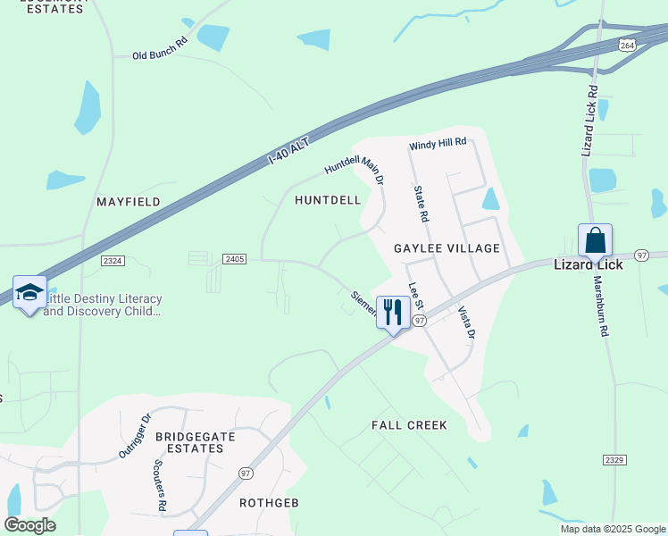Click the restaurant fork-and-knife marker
coord(393,312)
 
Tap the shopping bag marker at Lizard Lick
coord(595,241)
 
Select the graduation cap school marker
coord(29,292)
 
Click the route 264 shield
coord(629,44)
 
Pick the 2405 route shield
coord(235,259)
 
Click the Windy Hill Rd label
coord(438,143)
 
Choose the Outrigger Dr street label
coord(136,435)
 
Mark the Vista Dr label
coord(467,322)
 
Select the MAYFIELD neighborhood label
coord(129,203)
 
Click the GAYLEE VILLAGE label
coord(447,247)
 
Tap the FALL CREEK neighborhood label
coord(409,425)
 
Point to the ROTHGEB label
coord(268,503)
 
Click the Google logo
coord(29,525)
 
